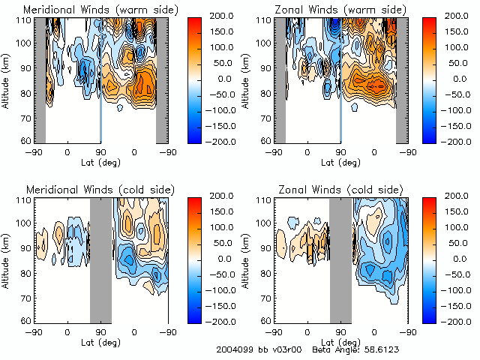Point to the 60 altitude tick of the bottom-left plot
[24, 320]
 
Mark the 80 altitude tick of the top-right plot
[264, 94]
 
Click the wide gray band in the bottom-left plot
[100, 259]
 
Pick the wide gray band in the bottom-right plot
[340, 259]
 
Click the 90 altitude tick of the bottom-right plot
[264, 248]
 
